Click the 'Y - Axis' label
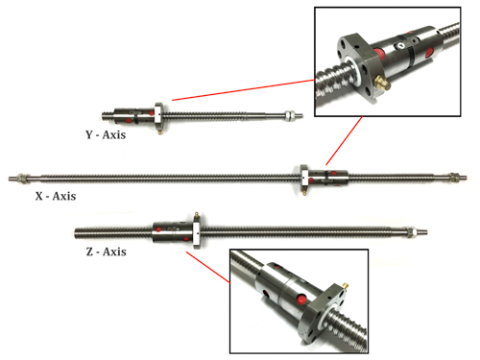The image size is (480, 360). pos(106,134)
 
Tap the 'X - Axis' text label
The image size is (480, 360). pos(56,196)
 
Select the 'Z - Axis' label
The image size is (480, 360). pos(106,252)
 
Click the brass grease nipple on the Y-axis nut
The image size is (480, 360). pos(160,131)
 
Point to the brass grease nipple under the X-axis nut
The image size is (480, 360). pos(304,191)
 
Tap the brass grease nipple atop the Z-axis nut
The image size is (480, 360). pos(197,217)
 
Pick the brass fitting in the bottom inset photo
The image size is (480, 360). pos(345,285)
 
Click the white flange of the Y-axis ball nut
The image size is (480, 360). pos(158,115)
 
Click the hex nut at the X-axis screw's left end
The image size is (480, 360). pos(23,177)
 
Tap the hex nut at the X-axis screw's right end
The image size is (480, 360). pos(452,177)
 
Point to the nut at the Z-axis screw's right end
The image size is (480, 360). pos(411,231)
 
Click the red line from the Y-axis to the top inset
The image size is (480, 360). pos(244,90)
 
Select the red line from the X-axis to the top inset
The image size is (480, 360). pos(345,140)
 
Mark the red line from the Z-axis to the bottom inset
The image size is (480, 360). pos(208,268)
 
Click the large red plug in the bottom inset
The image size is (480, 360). pos(301,300)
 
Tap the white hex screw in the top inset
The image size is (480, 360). pos(400,46)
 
